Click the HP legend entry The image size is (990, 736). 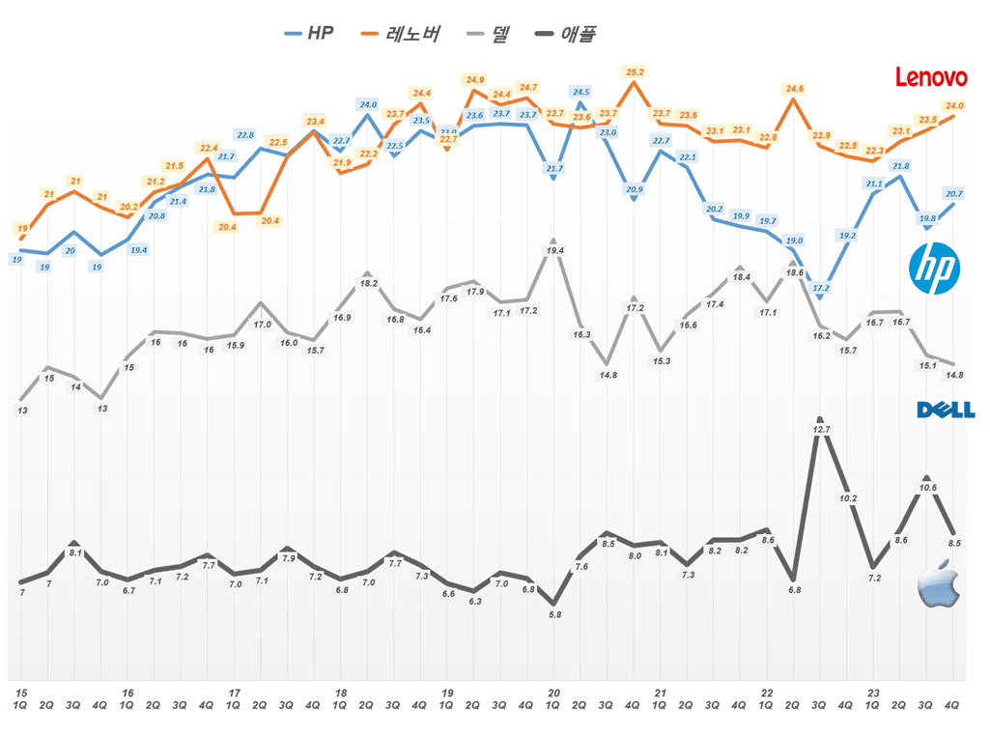310,34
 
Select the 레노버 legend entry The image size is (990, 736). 400,34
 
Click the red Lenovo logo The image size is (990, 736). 931,77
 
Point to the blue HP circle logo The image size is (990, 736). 935,269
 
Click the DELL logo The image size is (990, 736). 946,410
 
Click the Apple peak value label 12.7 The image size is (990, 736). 822,429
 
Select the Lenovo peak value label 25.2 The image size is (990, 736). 635,72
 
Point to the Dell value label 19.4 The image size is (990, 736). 554,251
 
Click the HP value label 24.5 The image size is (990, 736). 580,93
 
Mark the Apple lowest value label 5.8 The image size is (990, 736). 553,613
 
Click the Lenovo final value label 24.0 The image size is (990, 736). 954,105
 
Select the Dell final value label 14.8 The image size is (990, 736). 954,375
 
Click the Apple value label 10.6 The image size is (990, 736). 927,488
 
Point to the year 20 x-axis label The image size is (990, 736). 553,693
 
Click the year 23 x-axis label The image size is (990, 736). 873,693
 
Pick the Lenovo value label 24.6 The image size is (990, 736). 794,89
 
